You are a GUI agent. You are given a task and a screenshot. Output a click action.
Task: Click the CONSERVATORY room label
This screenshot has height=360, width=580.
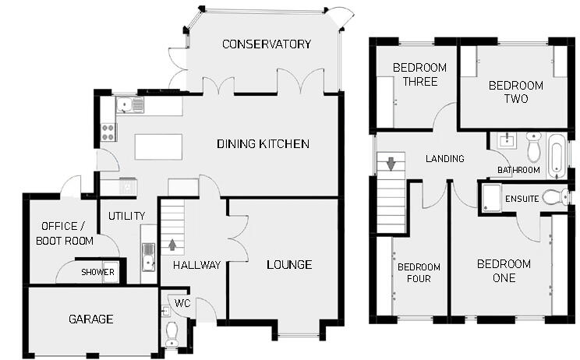[x=266, y=44]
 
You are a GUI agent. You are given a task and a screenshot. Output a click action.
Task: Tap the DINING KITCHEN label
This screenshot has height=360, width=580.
[x=263, y=144]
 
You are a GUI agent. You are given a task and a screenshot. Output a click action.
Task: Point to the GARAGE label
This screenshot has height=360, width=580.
[x=90, y=319]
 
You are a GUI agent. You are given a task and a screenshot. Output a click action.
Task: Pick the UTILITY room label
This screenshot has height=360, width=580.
[x=127, y=216]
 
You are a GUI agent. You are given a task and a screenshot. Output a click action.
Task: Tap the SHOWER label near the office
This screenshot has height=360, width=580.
[x=99, y=273]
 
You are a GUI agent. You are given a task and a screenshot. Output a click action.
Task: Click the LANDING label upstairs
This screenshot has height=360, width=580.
[x=444, y=159]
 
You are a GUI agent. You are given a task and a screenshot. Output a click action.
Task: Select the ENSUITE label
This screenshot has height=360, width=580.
[x=522, y=199]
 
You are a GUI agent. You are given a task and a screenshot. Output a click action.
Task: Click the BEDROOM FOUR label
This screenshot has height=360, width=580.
[x=414, y=272]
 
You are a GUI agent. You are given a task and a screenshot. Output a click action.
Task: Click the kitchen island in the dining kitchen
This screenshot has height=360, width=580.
[x=159, y=146]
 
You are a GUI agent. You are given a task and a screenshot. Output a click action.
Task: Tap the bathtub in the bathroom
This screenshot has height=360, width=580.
[x=557, y=154]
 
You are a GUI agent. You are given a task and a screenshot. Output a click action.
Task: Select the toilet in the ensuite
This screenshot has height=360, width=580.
[x=555, y=197]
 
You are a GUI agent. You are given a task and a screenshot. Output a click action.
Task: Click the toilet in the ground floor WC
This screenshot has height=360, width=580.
[x=172, y=334]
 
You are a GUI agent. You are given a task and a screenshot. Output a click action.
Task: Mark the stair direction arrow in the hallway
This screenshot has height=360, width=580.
[x=172, y=245]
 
